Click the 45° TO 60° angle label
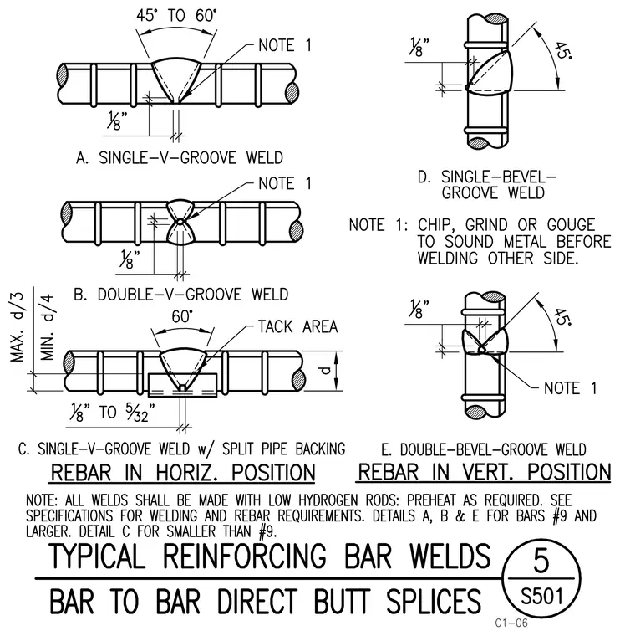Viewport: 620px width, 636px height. [x=176, y=16]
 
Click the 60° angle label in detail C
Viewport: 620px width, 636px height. [x=182, y=316]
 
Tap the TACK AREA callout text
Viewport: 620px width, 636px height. [x=298, y=326]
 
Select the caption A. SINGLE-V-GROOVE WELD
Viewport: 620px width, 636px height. [x=180, y=157]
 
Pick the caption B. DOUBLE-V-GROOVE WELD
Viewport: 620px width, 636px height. [x=181, y=294]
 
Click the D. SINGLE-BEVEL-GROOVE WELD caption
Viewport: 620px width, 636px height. [x=487, y=185]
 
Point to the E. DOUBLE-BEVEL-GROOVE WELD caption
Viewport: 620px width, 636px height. [x=484, y=449]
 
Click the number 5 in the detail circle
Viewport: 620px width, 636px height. [x=541, y=562]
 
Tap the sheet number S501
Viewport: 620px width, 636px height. [x=541, y=597]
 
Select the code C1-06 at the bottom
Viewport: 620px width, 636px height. [x=511, y=623]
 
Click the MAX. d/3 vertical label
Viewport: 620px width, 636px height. [x=18, y=327]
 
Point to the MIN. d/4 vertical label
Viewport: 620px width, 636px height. [x=47, y=327]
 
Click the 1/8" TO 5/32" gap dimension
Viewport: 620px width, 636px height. [x=113, y=413]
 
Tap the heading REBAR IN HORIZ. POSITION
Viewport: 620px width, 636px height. [x=183, y=473]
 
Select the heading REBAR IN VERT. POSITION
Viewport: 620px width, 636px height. [x=485, y=472]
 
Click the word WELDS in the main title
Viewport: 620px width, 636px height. [x=450, y=556]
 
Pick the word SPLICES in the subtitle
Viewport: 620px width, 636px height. [x=434, y=601]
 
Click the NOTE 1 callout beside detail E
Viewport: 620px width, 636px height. [x=570, y=388]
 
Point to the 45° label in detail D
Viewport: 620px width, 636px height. [x=562, y=50]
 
